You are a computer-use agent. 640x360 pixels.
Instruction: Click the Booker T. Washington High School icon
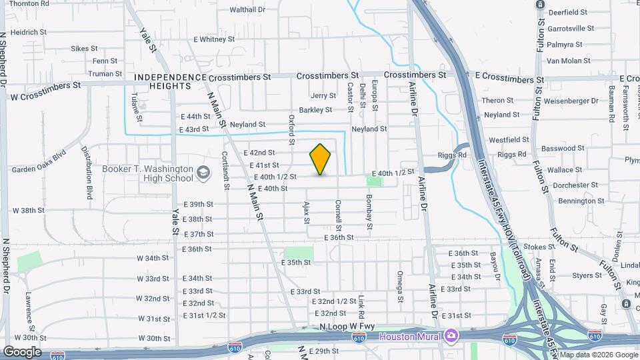pos(203,174)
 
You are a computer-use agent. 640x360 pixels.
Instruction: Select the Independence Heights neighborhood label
pos(170,82)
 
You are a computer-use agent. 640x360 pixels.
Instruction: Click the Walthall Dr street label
pos(247,10)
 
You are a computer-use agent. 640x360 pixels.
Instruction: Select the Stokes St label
pos(535,247)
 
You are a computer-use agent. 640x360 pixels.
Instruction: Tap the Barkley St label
pos(315,110)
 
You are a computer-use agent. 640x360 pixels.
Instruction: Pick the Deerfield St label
pos(567,13)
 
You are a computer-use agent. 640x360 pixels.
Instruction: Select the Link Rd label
pos(361,307)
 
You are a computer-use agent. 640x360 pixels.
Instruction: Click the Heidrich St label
pos(28,32)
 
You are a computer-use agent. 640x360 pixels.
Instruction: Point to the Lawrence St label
pos(30,311)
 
